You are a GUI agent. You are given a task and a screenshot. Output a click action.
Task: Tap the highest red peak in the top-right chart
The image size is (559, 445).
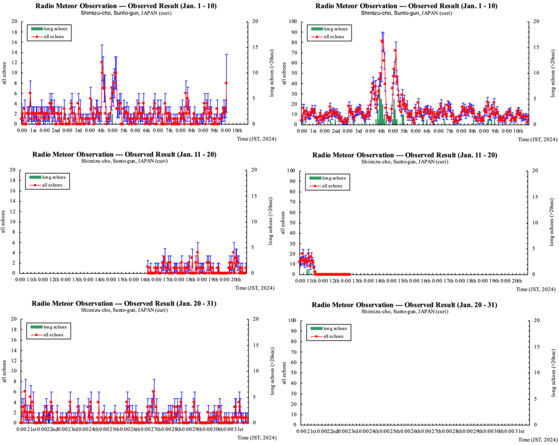point(382,41)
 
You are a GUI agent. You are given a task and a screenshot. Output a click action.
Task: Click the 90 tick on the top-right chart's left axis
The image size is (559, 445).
point(292,32)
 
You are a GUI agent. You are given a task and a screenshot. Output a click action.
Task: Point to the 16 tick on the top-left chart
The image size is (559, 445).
point(14,42)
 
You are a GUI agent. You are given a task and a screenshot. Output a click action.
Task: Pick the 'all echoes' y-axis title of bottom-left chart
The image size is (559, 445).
point(4,371)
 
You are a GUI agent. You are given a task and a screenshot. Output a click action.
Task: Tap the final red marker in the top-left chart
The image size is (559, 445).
point(226,83)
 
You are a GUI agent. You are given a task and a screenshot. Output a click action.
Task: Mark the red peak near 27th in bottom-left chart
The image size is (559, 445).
point(154,391)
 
